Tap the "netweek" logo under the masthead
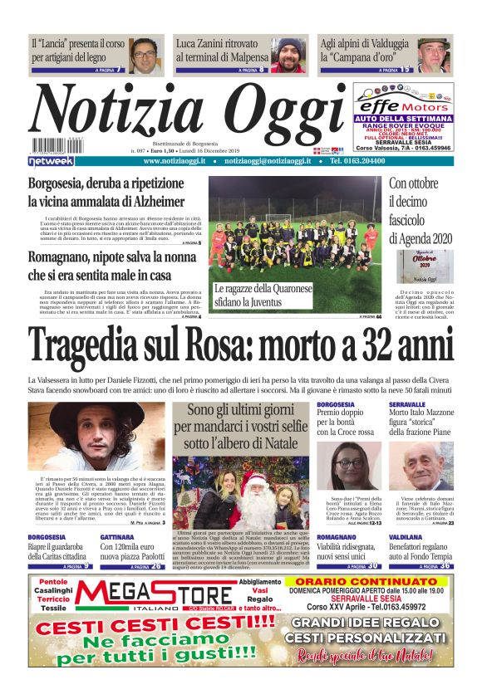[52, 161]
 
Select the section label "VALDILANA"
[408, 538]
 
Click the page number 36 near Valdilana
[445, 566]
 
